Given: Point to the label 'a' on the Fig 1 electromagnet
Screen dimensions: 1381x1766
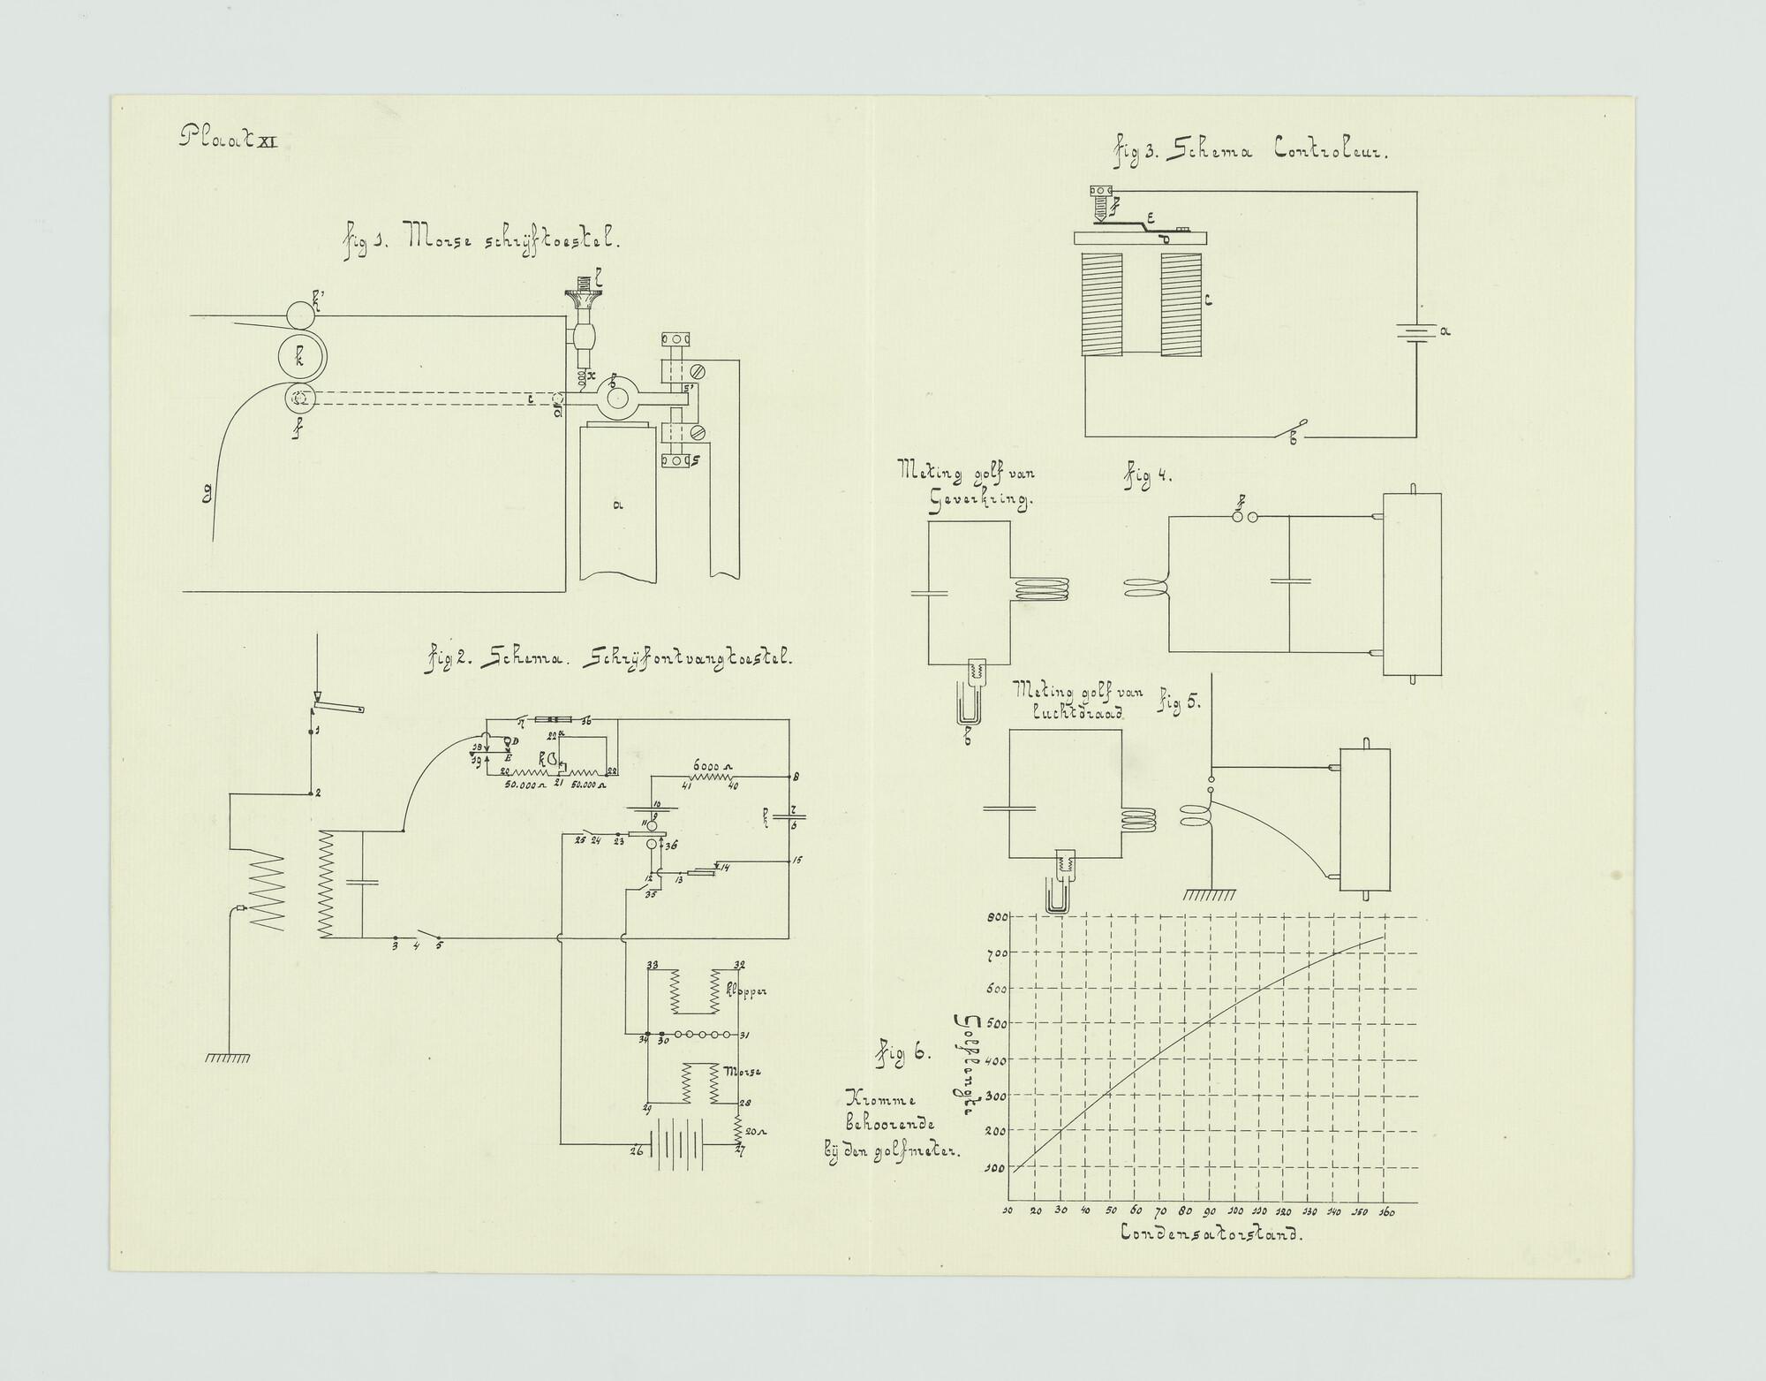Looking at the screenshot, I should point(617,505).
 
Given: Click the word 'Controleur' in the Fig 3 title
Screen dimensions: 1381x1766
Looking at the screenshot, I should point(1331,151).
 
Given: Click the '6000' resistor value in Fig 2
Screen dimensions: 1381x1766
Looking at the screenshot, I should point(707,765).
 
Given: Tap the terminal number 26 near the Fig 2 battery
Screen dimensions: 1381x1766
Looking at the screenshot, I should point(636,1150).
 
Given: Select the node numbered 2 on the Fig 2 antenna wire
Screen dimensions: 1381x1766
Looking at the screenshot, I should point(317,793).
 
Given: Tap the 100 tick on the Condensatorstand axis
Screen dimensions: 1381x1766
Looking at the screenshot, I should point(1236,1210).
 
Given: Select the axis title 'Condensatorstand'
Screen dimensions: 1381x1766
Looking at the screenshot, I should point(1211,1234).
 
